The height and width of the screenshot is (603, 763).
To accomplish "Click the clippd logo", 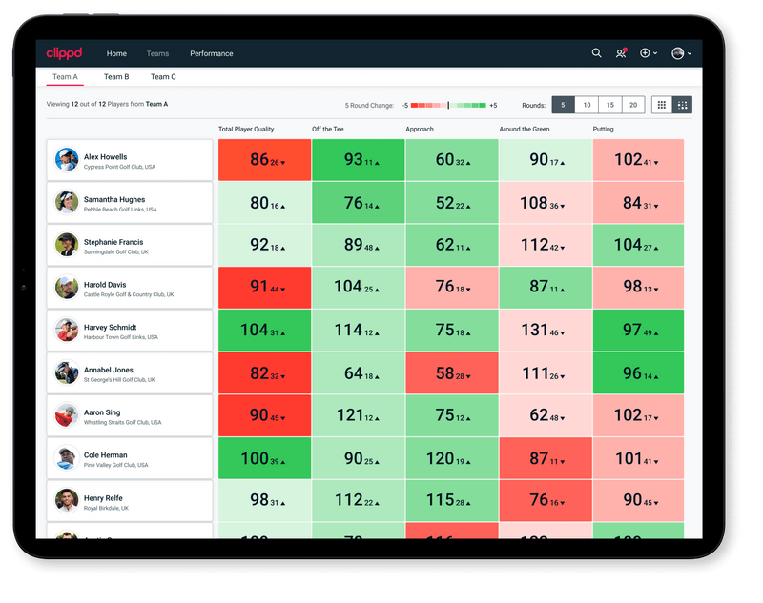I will (x=65, y=53).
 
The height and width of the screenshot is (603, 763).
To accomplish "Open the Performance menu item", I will (x=212, y=53).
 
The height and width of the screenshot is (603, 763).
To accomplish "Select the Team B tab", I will (x=116, y=77).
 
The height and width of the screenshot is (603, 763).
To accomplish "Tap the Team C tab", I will (x=163, y=77).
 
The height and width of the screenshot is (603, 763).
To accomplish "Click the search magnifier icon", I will (x=597, y=53).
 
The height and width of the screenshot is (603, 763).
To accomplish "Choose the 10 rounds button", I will (x=587, y=105).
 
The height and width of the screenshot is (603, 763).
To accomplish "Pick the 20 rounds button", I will (x=633, y=105).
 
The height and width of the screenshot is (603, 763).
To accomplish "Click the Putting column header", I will (x=603, y=130).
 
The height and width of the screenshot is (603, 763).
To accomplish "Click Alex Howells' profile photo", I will (x=67, y=160).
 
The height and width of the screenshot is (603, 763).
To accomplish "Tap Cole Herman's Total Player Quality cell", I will (x=264, y=458).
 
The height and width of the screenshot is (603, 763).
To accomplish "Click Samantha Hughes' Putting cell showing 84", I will (x=638, y=203).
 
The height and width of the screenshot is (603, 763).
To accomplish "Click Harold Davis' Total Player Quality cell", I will (x=264, y=288).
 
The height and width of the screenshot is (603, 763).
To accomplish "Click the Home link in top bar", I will (x=116, y=53).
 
